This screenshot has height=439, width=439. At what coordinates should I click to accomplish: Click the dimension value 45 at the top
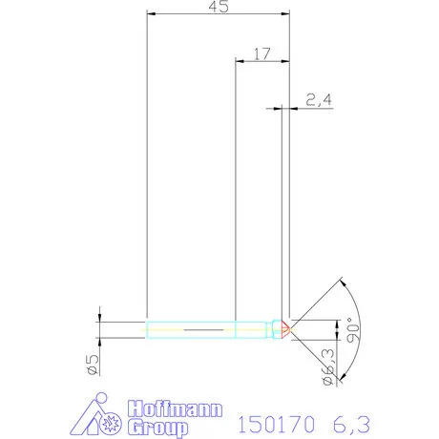tap(219, 8)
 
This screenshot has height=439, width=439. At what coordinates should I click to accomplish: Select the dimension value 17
tap(261, 53)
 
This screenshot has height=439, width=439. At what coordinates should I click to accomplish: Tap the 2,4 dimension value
tap(317, 99)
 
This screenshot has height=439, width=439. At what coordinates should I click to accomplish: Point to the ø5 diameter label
tap(93, 365)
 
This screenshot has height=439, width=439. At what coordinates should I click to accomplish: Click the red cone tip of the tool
tap(285, 330)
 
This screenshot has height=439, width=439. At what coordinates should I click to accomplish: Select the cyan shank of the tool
tap(191, 330)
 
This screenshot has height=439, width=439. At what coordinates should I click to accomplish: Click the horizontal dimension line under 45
tap(219, 15)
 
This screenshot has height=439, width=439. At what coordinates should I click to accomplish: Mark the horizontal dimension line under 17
tap(262, 62)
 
